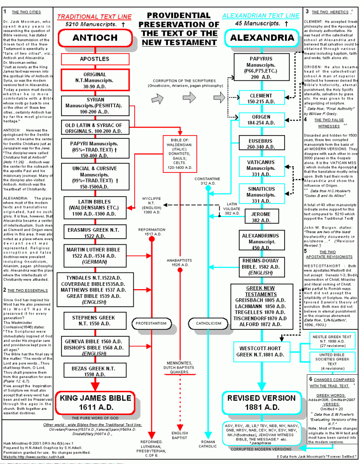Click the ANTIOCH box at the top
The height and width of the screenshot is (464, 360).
pyautogui.click(x=95, y=37)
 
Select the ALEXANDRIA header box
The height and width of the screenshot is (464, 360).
pyautogui.click(x=262, y=37)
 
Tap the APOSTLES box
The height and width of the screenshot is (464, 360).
pyautogui.click(x=94, y=59)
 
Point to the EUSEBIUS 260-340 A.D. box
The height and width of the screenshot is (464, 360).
pyautogui.click(x=261, y=144)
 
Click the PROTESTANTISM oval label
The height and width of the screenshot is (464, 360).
pyautogui.click(x=151, y=323)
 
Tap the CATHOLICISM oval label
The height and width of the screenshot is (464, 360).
pyautogui.click(x=209, y=323)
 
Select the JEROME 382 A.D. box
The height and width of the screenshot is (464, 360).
pyautogui.click(x=261, y=217)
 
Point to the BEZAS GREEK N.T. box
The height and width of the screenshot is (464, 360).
pyautogui.click(x=93, y=371)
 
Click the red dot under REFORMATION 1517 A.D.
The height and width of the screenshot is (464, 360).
pyautogui.click(x=151, y=238)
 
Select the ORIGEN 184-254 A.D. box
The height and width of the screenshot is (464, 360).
pyautogui.click(x=261, y=120)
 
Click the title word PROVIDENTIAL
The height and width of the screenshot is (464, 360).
pyautogui.click(x=180, y=16)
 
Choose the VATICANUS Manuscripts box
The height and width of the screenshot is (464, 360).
pyautogui.click(x=261, y=168)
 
